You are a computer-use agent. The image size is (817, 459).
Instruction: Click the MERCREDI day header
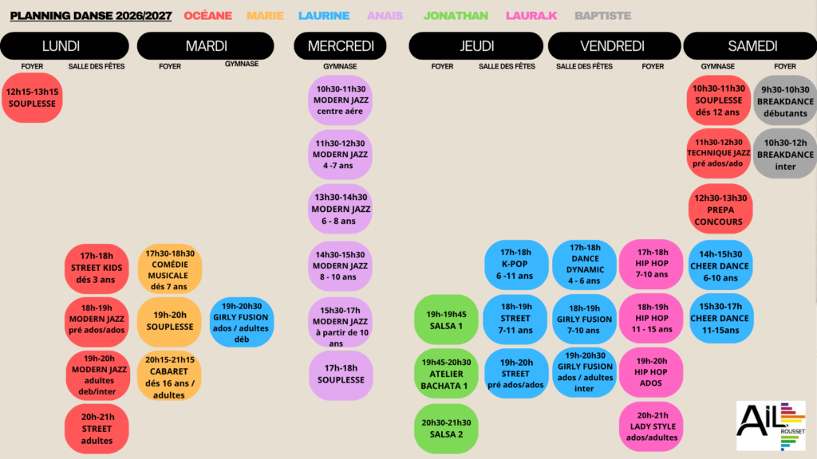(340, 45)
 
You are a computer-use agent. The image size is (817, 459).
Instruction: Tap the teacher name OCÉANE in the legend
(208, 16)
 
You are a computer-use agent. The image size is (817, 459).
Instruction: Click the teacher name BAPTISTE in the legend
(603, 16)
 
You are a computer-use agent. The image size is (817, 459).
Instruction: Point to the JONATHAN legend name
(456, 16)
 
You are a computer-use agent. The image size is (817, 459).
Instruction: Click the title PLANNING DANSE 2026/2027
(91, 16)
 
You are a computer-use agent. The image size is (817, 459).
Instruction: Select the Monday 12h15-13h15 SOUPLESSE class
(32, 98)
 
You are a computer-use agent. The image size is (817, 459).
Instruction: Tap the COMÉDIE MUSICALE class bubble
(170, 269)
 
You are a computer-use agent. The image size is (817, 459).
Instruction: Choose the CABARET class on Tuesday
(169, 376)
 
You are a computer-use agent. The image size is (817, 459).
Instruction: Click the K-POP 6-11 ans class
(516, 265)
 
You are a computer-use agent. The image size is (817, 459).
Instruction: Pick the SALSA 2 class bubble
(446, 428)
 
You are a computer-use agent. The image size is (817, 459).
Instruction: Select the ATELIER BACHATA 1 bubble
(446, 374)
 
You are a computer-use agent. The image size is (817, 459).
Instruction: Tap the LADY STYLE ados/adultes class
(652, 426)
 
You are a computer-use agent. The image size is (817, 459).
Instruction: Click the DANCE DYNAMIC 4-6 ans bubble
(585, 265)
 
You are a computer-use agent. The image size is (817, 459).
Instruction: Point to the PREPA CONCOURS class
(720, 210)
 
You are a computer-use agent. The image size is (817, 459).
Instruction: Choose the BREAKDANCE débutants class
(785, 100)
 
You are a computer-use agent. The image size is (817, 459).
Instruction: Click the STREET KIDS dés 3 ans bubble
(97, 269)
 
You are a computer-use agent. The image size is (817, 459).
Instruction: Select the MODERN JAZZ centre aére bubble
(340, 100)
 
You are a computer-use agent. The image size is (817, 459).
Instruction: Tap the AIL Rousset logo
(771, 426)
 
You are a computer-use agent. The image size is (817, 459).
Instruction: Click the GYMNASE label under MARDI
(241, 64)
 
